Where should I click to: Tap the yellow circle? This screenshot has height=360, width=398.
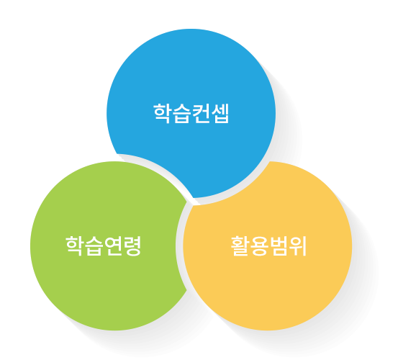point(268,246)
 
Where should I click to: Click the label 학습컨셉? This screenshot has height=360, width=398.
point(191,114)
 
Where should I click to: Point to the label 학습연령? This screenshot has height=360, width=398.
point(104,246)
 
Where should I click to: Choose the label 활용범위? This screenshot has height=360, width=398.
point(268,246)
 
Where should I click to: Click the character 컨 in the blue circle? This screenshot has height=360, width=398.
point(201,114)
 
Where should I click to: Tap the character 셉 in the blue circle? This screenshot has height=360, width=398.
point(220,114)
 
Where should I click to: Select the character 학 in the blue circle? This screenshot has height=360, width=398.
point(162,114)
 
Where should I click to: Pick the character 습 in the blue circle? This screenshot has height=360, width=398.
point(181,114)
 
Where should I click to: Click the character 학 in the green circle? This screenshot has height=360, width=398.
point(74,246)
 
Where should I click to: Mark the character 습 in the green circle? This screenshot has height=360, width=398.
point(94,246)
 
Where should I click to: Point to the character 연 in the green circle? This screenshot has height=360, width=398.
point(113,246)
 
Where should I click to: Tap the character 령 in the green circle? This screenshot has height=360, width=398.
point(132,246)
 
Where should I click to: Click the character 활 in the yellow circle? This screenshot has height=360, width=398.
point(240,246)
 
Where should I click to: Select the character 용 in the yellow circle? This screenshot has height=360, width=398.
point(259,246)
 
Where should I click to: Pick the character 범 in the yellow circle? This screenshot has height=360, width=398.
point(279,246)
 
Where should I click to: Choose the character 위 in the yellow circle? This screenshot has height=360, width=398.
point(298,246)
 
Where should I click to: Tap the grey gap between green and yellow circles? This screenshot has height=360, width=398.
point(179,246)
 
